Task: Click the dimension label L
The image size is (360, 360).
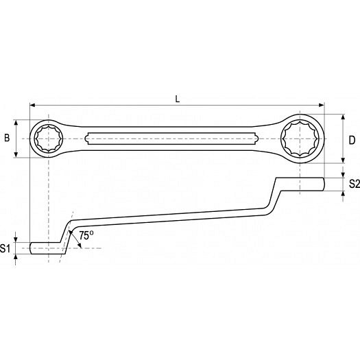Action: click(177, 99)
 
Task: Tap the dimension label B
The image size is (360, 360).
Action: click(7, 138)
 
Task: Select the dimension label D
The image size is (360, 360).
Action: click(352, 140)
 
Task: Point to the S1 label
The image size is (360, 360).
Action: click(5, 248)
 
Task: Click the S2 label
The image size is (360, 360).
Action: click(355, 184)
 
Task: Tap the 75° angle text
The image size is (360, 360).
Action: click(86, 236)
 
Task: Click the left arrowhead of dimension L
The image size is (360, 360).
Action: click(33, 105)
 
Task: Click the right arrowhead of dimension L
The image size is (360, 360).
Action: click(321, 105)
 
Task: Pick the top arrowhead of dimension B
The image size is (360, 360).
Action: click(16, 123)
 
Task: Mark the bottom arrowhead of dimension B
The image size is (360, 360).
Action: click(16, 154)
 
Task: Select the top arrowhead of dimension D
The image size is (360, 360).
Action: click(343, 117)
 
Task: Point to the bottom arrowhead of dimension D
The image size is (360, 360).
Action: click(343, 160)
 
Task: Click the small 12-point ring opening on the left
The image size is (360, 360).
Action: click(49, 139)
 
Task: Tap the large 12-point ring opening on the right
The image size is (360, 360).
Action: click(300, 139)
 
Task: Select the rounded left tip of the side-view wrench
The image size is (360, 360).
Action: click(32, 248)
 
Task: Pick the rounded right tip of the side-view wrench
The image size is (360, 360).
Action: click(323, 184)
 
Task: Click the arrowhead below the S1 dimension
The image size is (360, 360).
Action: click(16, 256)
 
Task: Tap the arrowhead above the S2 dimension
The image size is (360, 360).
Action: click(343, 175)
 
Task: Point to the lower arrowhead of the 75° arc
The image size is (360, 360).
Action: click(80, 245)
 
